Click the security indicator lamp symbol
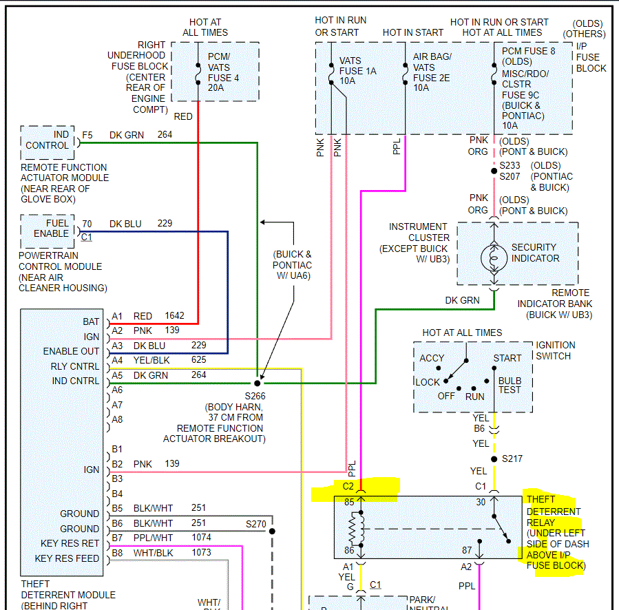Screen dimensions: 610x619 [x=493, y=257]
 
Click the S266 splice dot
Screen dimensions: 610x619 [x=258, y=382]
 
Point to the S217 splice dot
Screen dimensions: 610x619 [x=494, y=459]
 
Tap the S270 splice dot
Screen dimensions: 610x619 [x=272, y=531]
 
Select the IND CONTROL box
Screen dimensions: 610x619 [x=48, y=140]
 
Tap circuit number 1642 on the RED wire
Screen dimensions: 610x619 [x=175, y=316]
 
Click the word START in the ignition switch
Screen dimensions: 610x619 [x=507, y=359]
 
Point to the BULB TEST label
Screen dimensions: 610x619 [x=510, y=386]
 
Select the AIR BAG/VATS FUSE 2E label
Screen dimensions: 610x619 [x=431, y=73]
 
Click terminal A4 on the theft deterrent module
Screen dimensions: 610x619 [x=117, y=360]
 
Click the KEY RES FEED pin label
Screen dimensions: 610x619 [x=67, y=558]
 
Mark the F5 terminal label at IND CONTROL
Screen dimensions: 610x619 [x=87, y=135]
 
